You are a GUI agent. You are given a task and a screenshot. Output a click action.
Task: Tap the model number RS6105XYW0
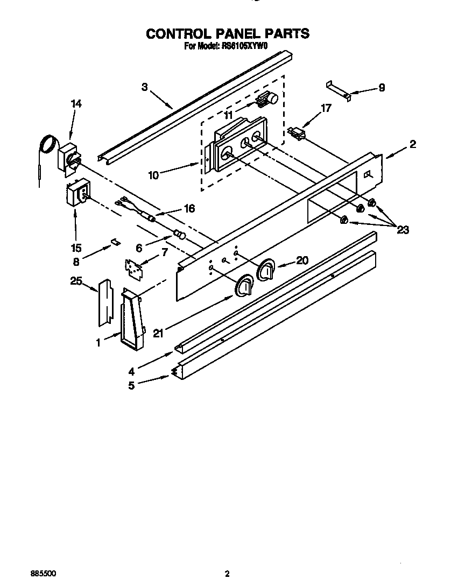click(245, 46)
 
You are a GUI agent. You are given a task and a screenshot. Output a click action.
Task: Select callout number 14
click(76, 104)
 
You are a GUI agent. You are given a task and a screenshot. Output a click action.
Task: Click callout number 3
click(145, 87)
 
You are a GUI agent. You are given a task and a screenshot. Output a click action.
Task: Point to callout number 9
click(382, 88)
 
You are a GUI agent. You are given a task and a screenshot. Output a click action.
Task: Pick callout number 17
click(326, 108)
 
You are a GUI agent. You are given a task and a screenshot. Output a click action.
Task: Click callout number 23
click(402, 230)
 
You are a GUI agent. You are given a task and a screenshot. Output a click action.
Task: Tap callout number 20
click(302, 260)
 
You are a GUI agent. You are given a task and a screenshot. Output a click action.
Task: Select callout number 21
click(157, 334)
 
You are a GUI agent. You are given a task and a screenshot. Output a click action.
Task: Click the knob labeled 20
click(266, 270)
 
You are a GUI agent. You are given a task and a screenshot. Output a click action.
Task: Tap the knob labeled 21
click(244, 285)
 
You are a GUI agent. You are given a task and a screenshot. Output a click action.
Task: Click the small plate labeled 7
click(133, 267)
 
